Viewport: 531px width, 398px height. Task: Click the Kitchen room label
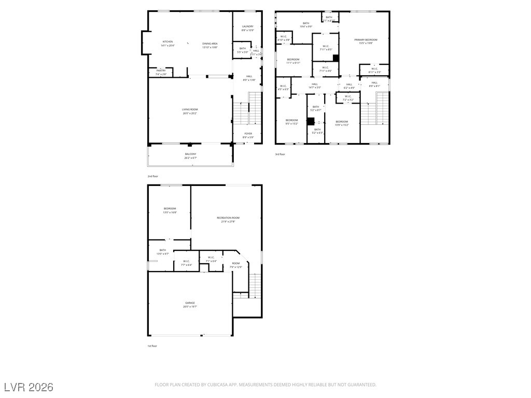point(167,42)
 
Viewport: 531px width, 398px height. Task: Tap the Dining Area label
point(209,44)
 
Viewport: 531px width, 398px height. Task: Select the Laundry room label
point(247,26)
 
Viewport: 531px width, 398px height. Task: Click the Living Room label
point(190,109)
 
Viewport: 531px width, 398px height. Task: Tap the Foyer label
point(249,134)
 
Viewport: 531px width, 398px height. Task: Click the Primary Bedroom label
point(366,40)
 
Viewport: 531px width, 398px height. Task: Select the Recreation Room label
point(228,218)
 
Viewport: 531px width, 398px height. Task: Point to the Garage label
point(190,303)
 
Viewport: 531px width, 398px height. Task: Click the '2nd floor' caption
point(152,176)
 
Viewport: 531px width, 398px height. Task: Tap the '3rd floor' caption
point(280,154)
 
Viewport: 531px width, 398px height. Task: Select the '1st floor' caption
point(152,346)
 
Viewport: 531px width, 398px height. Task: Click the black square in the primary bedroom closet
point(336,58)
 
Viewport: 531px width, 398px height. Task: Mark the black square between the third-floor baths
point(311,122)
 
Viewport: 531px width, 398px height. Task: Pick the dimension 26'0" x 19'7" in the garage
point(190,307)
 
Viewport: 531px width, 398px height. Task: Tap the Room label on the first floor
point(236,263)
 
